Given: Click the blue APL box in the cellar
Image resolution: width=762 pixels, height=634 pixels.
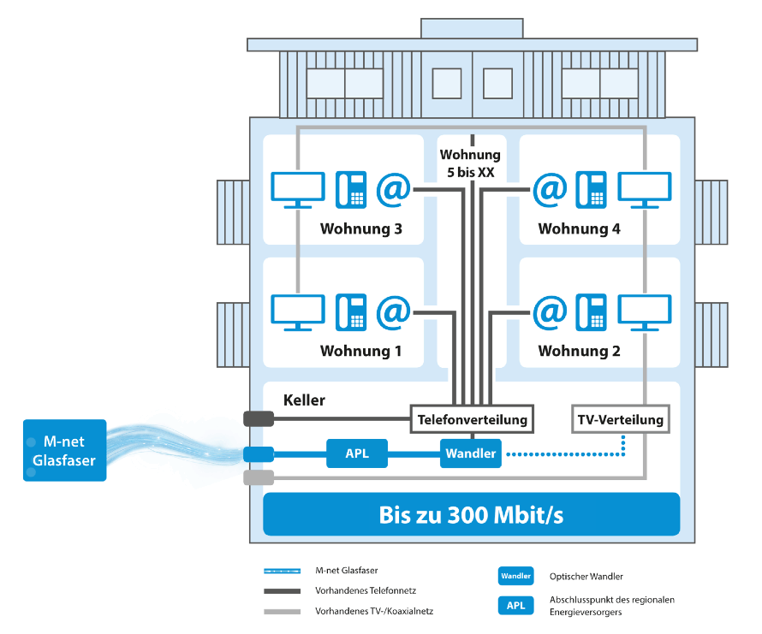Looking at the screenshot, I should tap(357, 453).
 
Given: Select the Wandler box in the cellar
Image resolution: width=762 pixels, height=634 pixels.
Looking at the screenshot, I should tap(470, 453).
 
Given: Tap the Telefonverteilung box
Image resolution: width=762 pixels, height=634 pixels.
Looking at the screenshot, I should tap(472, 420).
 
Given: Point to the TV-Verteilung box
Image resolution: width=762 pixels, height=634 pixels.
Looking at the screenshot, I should tap(621, 420).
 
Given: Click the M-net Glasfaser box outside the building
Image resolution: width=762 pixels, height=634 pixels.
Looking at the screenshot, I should tap(64, 450).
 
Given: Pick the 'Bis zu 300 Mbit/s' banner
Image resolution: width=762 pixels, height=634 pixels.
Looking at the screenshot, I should tap(471, 515).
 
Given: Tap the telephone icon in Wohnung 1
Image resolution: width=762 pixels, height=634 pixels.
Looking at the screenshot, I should tap(351, 311).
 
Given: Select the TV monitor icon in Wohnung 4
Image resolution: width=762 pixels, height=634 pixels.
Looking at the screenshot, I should tap(645, 189).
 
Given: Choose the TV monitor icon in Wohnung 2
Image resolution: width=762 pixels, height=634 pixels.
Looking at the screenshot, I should tap(645, 311).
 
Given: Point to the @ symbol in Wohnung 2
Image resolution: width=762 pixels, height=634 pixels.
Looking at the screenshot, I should tap(550, 311).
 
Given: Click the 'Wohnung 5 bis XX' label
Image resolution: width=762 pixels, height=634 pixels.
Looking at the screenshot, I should tap(470, 163).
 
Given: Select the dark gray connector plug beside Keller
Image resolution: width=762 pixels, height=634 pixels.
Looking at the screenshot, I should tap(258, 419).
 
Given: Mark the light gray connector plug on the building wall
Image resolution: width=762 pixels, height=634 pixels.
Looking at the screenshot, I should tap(258, 477).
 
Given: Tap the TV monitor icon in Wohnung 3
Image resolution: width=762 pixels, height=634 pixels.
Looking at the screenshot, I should tap(297, 189).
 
